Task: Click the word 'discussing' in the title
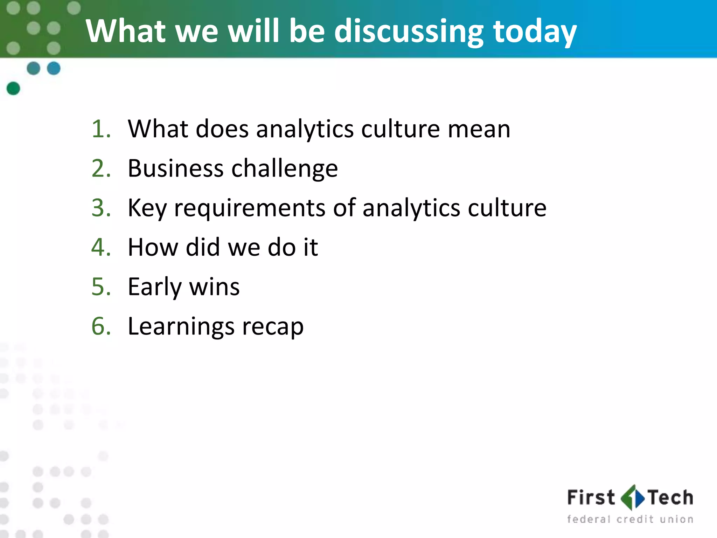(x=409, y=32)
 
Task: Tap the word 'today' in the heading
(x=535, y=32)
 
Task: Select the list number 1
(x=101, y=129)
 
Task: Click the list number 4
(x=101, y=247)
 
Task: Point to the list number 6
(x=101, y=326)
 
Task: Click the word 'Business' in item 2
(x=175, y=168)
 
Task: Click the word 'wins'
(x=214, y=287)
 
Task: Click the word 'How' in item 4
(x=153, y=247)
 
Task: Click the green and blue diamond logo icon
(x=632, y=497)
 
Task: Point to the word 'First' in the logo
(x=591, y=498)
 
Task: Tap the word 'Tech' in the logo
(x=670, y=498)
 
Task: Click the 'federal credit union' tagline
(x=630, y=519)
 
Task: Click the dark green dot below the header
(x=13, y=88)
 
